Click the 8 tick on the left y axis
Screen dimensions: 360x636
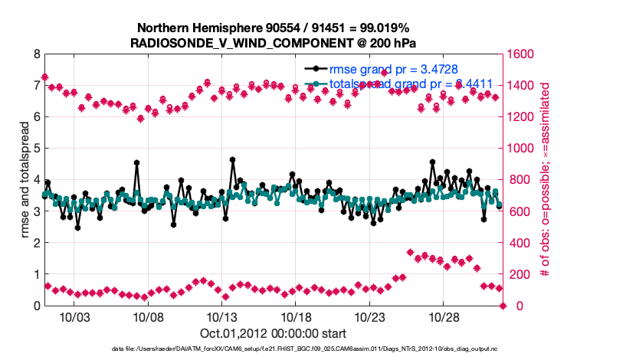[35, 54]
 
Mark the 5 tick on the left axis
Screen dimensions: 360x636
[35, 149]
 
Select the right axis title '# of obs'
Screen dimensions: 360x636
[546, 180]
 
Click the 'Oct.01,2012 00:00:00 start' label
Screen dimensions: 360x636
[273, 333]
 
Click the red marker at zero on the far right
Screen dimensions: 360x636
[503, 306]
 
